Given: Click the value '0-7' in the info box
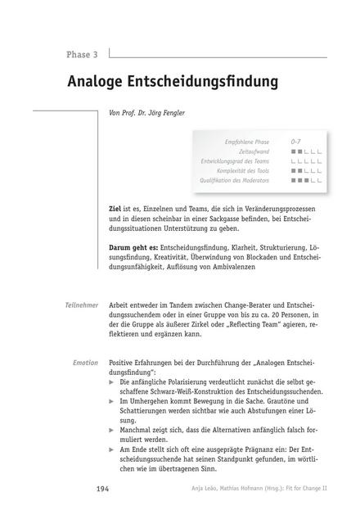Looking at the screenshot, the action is (x=295, y=142).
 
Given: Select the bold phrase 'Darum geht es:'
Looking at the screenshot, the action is (x=134, y=246).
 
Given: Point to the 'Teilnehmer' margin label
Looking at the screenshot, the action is (x=82, y=305).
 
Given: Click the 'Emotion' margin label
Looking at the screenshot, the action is (x=86, y=362).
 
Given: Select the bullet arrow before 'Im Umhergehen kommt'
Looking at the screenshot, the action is (x=113, y=401).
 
